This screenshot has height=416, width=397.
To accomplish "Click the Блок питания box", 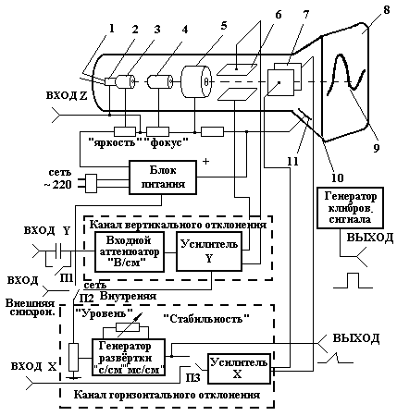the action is (163, 177).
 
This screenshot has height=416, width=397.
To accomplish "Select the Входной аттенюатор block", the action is (130, 251).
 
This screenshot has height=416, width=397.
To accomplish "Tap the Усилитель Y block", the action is (209, 251).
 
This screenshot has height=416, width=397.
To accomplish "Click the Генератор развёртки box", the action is (129, 357).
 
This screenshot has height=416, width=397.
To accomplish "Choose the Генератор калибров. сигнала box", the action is (350, 208).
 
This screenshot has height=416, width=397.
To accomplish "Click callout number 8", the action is (386, 9).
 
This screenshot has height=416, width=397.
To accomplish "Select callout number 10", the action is (337, 177).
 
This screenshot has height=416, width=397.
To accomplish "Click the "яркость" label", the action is (112, 143).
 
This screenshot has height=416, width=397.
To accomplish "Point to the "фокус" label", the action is (167, 143).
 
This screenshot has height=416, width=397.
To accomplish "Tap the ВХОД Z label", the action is (67, 96).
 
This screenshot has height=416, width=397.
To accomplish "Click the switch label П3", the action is (192, 377).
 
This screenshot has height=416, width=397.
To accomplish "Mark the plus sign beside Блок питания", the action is (205, 161).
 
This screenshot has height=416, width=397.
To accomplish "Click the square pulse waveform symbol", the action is (354, 280).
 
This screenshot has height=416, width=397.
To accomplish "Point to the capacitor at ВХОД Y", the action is (58, 252).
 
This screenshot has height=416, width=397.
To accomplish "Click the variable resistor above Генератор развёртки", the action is (128, 327).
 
